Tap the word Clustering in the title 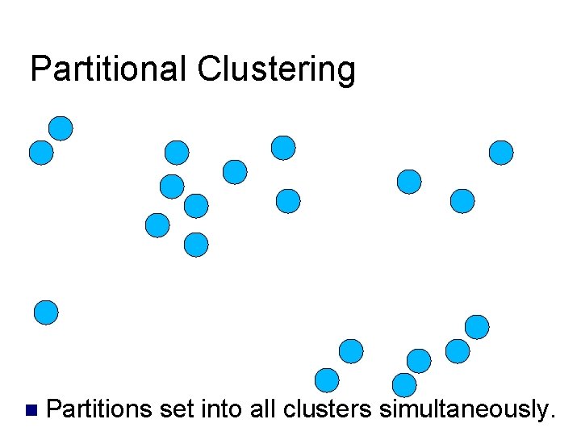click(275, 71)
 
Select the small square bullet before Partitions click(31, 410)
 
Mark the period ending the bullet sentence click(552, 417)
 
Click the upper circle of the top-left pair click(61, 128)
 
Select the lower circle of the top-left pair click(41, 153)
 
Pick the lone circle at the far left click(46, 312)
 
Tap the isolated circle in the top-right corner click(501, 153)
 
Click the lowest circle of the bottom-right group click(403, 385)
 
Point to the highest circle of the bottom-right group click(477, 326)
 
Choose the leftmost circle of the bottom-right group click(326, 379)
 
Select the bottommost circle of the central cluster click(196, 245)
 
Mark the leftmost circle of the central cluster click(157, 225)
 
